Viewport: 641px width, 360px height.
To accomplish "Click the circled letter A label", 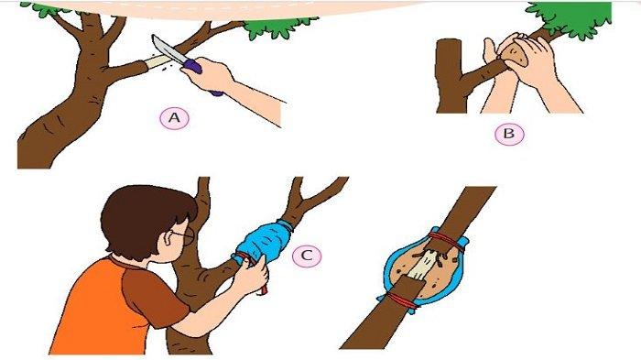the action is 175,118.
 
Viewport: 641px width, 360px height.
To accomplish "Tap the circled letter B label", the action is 509,134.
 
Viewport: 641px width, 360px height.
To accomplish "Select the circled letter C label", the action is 307,256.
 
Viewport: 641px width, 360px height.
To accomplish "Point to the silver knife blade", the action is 168,49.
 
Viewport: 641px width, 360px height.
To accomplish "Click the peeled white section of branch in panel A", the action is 158,62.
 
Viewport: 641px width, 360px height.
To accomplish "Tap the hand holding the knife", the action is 210,76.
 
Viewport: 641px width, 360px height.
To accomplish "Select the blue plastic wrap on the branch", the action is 265,241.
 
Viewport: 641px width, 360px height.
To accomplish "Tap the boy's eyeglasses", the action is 184,236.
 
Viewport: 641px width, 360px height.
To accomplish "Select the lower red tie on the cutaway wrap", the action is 402,301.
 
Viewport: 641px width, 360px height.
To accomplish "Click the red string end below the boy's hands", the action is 264,288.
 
